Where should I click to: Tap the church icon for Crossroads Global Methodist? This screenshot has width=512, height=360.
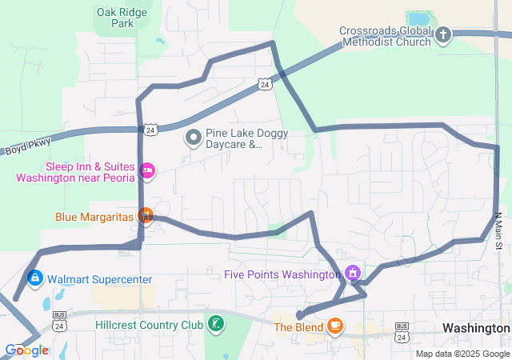pyautogui.click(x=442, y=35)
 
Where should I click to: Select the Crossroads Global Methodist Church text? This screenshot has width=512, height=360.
pyautogui.click(x=384, y=36)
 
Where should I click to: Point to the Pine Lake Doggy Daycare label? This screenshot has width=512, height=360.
pyautogui.click(x=246, y=139)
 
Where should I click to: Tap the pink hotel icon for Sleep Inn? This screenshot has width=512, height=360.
pyautogui.click(x=146, y=170)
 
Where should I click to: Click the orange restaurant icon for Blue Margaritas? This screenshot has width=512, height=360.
pyautogui.click(x=145, y=215)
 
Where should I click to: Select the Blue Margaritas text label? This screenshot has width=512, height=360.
pyautogui.click(x=94, y=217)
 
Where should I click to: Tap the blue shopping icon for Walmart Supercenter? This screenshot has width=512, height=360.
pyautogui.click(x=34, y=278)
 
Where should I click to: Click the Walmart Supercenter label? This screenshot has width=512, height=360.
pyautogui.click(x=99, y=279)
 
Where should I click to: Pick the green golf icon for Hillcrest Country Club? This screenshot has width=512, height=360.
pyautogui.click(x=215, y=324)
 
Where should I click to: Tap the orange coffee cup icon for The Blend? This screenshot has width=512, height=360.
pyautogui.click(x=334, y=326)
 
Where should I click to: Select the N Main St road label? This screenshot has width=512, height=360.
pyautogui.click(x=497, y=230)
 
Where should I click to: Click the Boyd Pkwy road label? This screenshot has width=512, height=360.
pyautogui.click(x=27, y=146)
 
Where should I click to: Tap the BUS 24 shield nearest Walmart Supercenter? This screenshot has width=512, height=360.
pyautogui.click(x=59, y=317)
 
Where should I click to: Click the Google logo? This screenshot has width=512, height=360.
pyautogui.click(x=26, y=350)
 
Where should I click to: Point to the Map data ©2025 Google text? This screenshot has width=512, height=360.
pyautogui.click(x=462, y=354)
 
